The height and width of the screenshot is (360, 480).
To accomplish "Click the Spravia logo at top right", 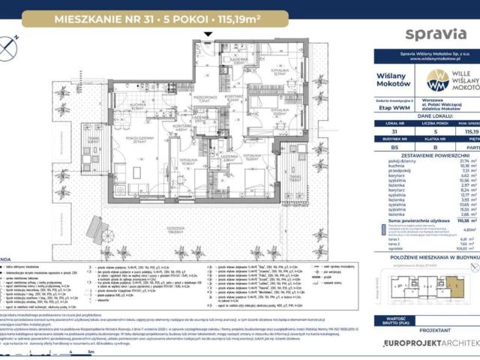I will click(x=430, y=33).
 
